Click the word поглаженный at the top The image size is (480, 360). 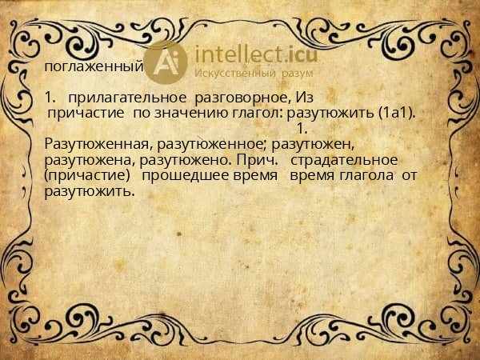tap(94, 66)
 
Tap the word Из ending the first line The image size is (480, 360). tap(294, 98)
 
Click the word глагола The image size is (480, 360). tap(358, 174)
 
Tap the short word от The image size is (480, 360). tap(410, 174)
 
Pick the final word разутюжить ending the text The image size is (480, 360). tap(89, 190)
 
